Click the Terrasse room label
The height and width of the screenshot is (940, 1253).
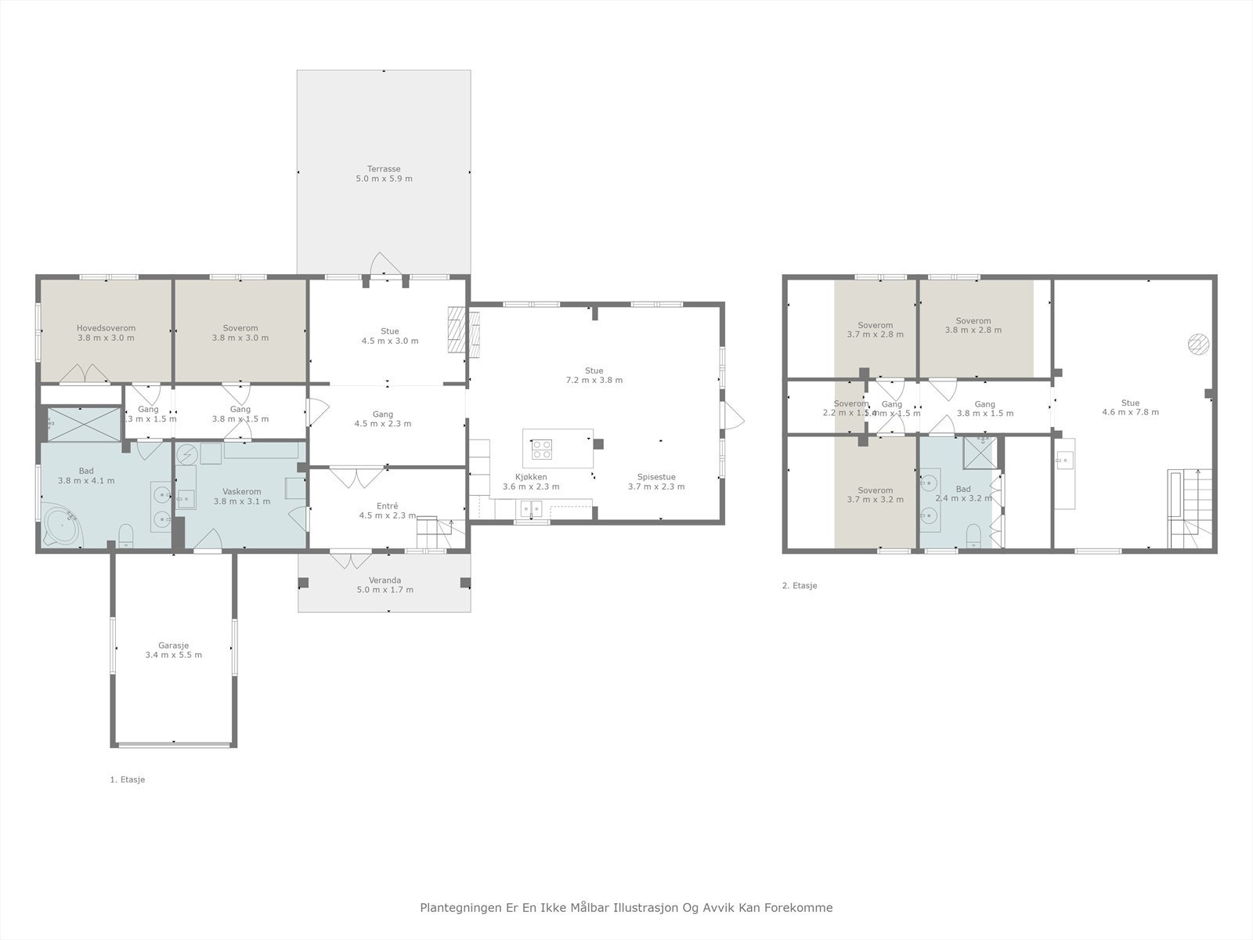(x=384, y=173)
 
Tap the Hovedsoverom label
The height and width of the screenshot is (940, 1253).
(x=106, y=333)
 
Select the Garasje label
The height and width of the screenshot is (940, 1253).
(x=173, y=650)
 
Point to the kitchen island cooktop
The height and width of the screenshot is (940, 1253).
(x=542, y=449)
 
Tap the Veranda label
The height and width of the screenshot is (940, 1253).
(x=385, y=585)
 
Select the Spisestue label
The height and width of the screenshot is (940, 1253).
(x=656, y=481)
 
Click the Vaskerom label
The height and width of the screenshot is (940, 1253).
(x=241, y=496)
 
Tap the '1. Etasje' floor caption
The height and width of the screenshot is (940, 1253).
(x=127, y=779)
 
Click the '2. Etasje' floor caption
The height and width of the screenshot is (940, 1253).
(x=799, y=585)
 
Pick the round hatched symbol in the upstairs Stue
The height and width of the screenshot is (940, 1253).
(x=1198, y=343)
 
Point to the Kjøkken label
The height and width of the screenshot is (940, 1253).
(x=531, y=481)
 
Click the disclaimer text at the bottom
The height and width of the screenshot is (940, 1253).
(x=626, y=907)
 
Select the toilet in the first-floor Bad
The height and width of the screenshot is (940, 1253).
(x=125, y=535)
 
